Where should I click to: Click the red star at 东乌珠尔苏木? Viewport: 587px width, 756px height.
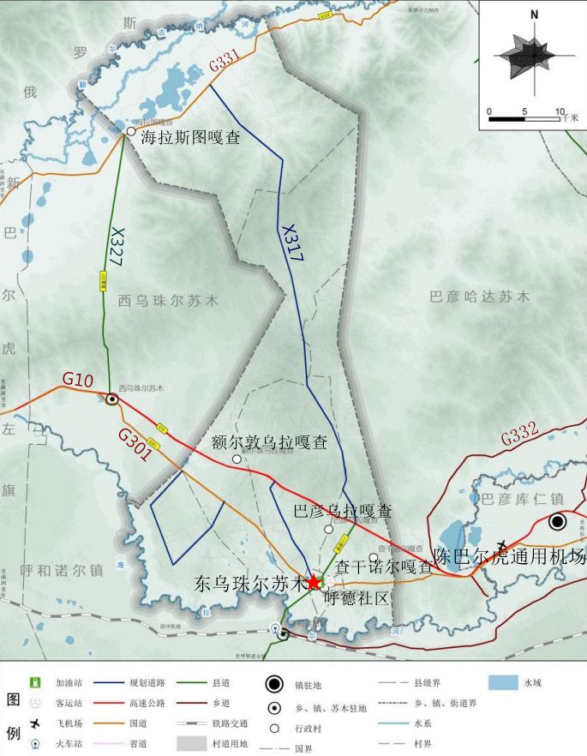pos(314,582)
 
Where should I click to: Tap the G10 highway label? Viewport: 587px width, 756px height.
pos(78,379)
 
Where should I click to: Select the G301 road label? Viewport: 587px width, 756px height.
pos(136,446)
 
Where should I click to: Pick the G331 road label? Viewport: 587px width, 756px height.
pos(224,62)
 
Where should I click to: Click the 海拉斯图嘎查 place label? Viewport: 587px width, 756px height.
pos(190,135)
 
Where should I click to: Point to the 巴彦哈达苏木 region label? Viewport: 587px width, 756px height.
pos(479,297)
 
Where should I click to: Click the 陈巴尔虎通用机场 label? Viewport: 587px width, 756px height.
pos(509,557)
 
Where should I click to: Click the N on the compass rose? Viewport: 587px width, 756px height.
pos(535,14)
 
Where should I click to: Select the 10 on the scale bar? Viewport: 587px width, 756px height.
pos(560,111)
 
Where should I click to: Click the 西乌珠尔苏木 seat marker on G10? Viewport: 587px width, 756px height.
pos(112,398)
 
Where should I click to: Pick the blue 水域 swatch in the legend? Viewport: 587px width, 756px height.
pos(503,683)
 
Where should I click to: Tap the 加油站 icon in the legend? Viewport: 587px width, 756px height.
pos(36,683)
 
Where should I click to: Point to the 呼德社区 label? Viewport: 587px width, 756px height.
pos(357,597)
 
